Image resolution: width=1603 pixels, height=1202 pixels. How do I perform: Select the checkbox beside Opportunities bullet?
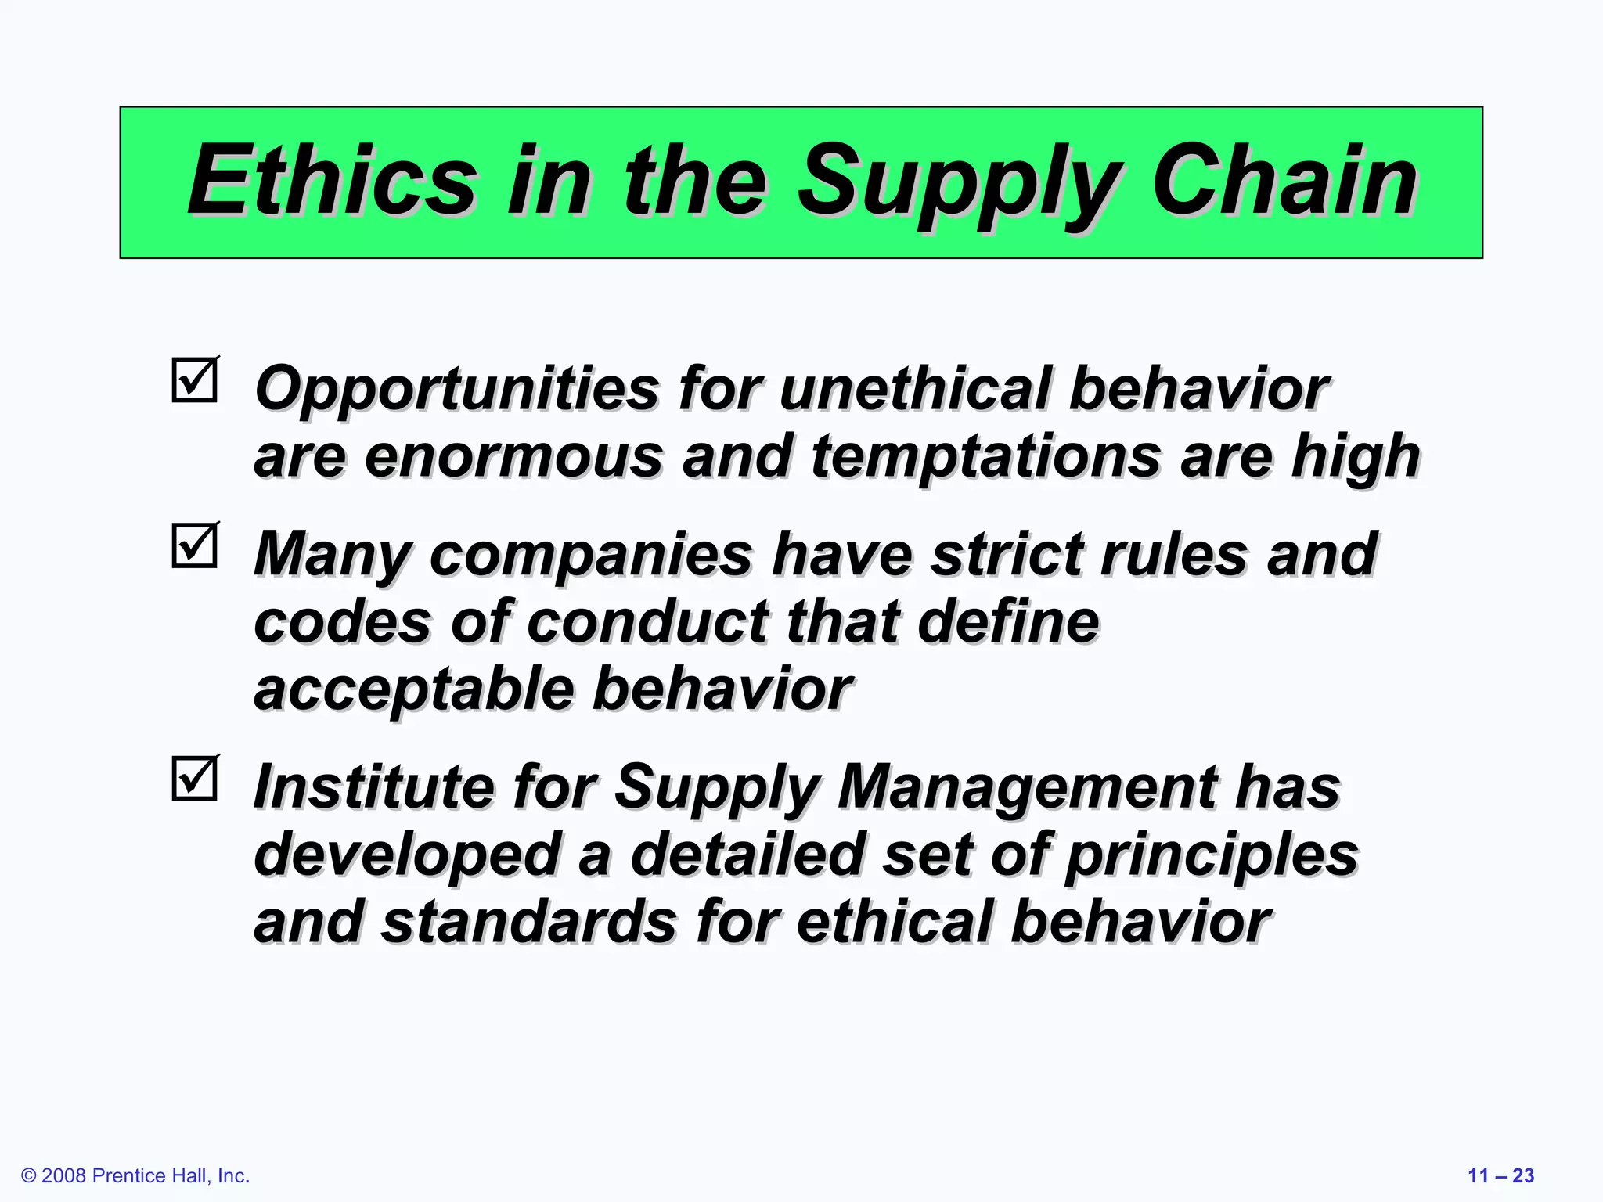[194, 381]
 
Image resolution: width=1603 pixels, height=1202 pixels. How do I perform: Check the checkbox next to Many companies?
[194, 545]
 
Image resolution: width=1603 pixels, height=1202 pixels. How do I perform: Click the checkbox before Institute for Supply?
[194, 779]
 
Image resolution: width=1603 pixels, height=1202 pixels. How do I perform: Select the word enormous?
[513, 456]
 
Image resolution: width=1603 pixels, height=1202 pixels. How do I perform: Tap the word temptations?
[985, 458]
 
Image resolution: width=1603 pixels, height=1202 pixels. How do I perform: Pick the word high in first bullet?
[1355, 456]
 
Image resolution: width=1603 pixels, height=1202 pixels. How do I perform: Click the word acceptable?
[414, 690]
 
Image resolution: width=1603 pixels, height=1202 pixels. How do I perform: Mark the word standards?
[529, 922]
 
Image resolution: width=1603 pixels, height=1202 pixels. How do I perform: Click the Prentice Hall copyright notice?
[135, 1175]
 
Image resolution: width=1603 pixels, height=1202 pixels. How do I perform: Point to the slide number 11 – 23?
[1500, 1175]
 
